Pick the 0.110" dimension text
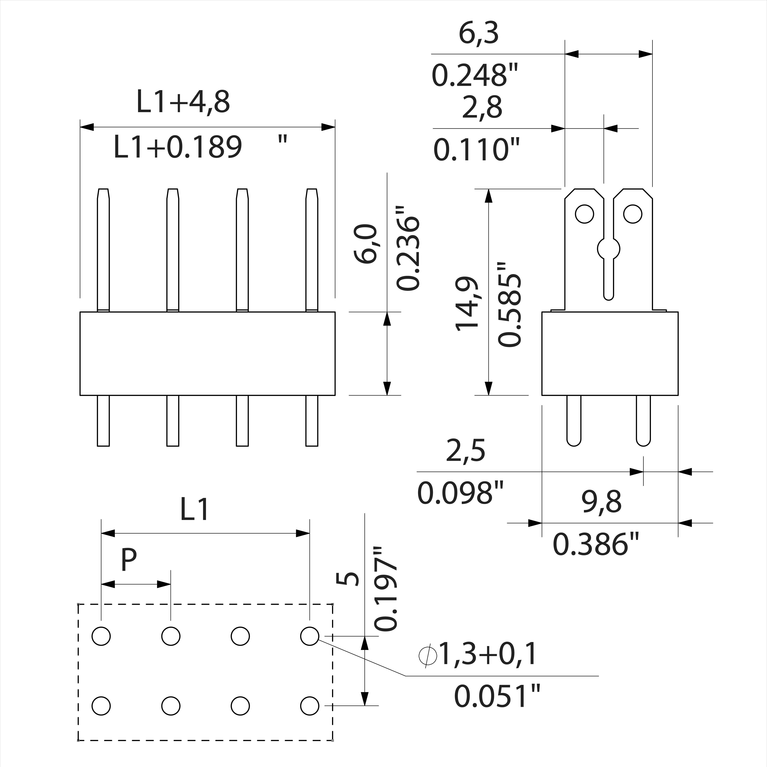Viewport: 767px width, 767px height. click(x=476, y=150)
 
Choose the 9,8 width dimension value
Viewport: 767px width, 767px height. click(x=602, y=502)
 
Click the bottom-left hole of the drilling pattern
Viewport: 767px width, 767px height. click(x=101, y=705)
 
